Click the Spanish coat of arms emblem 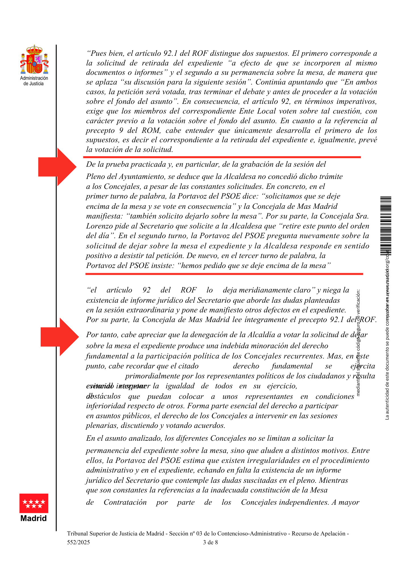pos(34,60)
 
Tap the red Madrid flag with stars pos(34,503)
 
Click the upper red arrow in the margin pos(58,167)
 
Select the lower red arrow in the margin pos(60,337)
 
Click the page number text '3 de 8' pos(210,542)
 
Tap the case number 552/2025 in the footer pos(78,542)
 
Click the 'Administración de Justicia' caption pos(34,81)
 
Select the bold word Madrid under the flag pos(34,518)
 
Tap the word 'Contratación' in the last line pos(125,502)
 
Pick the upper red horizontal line pos(222,157)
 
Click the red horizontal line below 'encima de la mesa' pos(224,274)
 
